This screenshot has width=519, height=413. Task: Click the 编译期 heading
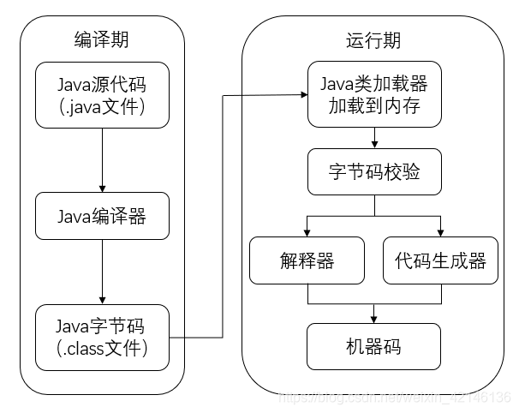(x=102, y=39)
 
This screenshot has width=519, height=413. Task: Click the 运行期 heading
(x=373, y=39)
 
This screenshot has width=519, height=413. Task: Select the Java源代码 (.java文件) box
(x=102, y=95)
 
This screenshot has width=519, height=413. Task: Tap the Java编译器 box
(x=102, y=216)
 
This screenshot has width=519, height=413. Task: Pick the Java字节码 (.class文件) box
(x=102, y=337)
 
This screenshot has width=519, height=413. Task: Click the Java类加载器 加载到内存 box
(x=373, y=95)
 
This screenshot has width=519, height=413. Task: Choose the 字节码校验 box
(x=373, y=174)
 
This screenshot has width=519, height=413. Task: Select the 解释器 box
(x=306, y=260)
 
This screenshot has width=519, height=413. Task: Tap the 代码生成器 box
(x=440, y=260)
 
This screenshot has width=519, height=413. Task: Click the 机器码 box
(x=373, y=347)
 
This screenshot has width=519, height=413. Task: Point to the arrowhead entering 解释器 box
(x=306, y=231)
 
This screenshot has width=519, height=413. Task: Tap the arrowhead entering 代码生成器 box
(x=440, y=231)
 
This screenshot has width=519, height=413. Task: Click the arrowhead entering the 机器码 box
(x=373, y=318)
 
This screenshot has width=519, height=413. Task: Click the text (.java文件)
(x=102, y=107)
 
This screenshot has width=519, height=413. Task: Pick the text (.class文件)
(x=102, y=349)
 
